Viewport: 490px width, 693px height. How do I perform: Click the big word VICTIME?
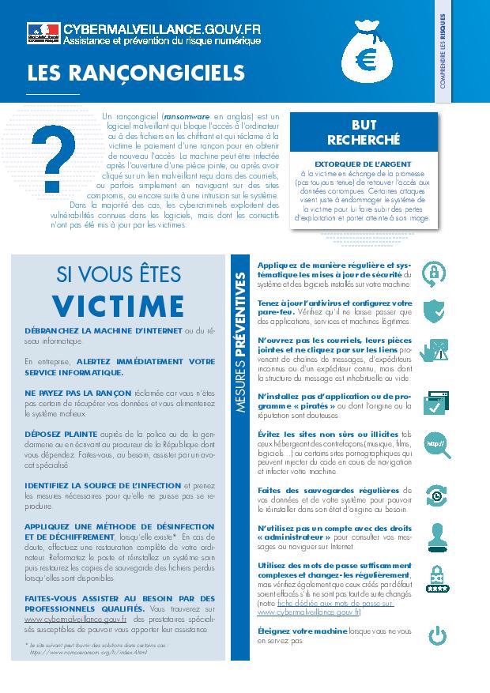tap(119, 304)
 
